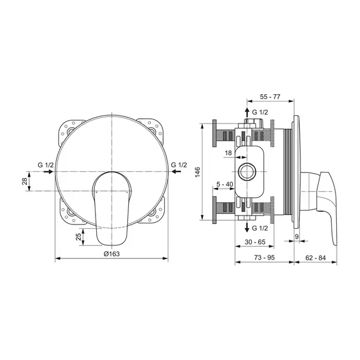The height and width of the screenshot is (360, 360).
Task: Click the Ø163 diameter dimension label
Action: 112,254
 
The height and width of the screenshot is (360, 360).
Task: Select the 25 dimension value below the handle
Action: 79,236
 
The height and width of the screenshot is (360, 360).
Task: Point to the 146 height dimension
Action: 198,172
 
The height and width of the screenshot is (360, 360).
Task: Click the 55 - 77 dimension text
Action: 270,97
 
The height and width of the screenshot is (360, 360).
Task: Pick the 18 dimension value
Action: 228,153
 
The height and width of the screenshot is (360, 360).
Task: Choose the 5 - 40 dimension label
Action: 224,184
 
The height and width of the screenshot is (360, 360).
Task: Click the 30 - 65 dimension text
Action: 255,242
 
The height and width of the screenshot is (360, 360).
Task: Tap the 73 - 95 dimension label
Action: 264,257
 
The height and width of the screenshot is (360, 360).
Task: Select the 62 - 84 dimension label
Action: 315,257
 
